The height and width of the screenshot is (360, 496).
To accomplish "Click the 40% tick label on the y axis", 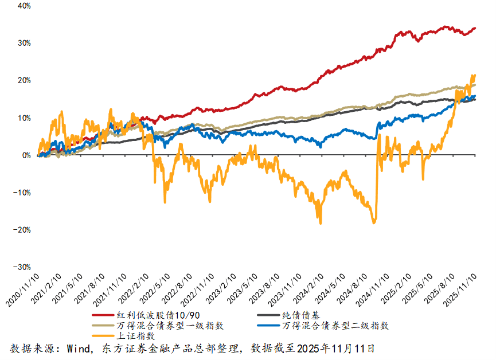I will (x=24, y=6).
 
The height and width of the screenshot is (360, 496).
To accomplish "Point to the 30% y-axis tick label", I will (x=24, y=43).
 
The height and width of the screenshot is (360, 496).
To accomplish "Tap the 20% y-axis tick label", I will (x=24, y=80).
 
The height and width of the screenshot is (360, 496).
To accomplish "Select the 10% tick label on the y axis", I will (x=24, y=118).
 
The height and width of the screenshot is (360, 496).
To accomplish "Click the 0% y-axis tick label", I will (x=26, y=155).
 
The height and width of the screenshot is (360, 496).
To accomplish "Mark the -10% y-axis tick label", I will (x=22, y=193).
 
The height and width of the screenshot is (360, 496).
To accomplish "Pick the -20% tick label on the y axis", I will (x=22, y=230).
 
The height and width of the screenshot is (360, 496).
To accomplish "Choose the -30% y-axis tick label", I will (x=22, y=267).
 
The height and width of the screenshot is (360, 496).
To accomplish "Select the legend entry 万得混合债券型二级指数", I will (x=336, y=326).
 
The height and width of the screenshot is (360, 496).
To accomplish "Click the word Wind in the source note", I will (x=77, y=348).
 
